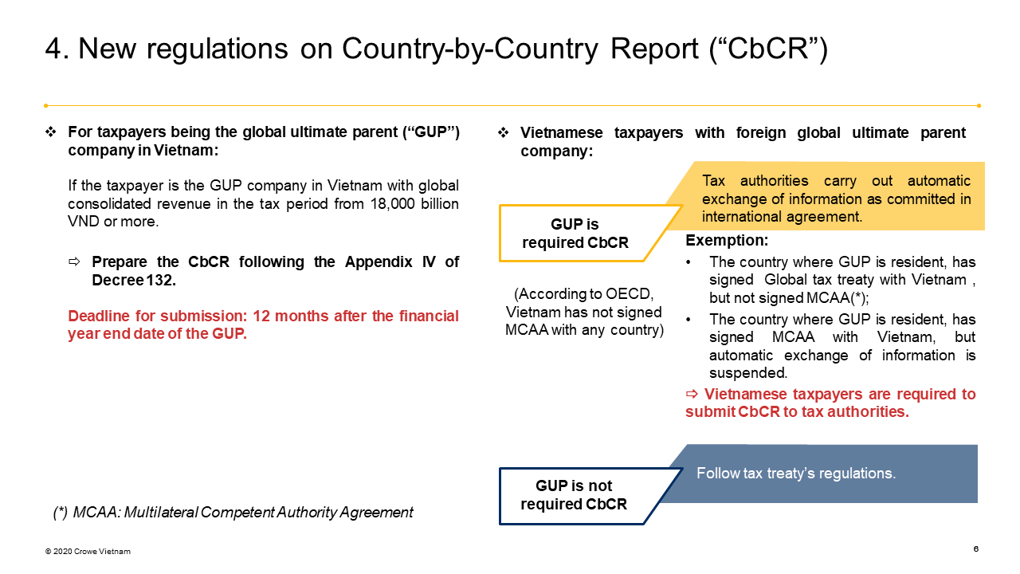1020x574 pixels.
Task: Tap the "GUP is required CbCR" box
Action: pyautogui.click(x=575, y=234)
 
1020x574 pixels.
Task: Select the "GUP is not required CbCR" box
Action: pyautogui.click(x=574, y=495)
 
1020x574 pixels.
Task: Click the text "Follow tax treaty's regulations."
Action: pyautogui.click(x=796, y=474)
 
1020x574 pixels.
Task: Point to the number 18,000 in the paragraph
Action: pyautogui.click(x=393, y=203)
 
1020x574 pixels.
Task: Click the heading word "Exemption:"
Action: pyautogui.click(x=727, y=241)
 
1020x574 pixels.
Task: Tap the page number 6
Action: pyautogui.click(x=976, y=549)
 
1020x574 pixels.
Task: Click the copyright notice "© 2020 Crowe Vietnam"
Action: pyautogui.click(x=88, y=552)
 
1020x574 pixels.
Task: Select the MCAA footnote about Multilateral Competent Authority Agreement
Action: pyautogui.click(x=233, y=513)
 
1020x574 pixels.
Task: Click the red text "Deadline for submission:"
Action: pyautogui.click(x=158, y=316)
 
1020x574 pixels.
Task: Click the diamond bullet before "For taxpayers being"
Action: pyautogui.click(x=50, y=132)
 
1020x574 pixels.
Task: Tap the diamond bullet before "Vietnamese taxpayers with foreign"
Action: pyautogui.click(x=503, y=133)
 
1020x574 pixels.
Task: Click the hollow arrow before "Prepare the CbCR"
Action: pyautogui.click(x=74, y=261)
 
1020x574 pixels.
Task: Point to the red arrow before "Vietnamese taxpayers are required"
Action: pyautogui.click(x=692, y=393)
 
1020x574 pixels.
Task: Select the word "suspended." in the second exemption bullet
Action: pyautogui.click(x=748, y=373)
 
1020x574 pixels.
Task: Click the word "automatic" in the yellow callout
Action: pyautogui.click(x=939, y=181)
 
